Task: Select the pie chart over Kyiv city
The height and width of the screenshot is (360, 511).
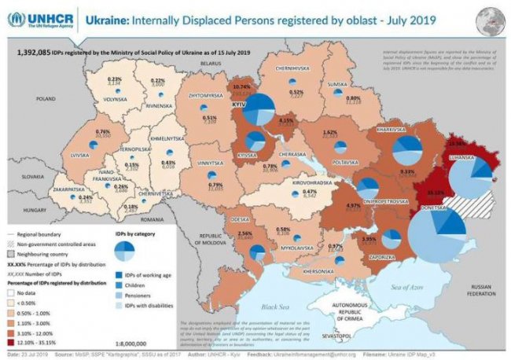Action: pyautogui.click(x=258, y=108)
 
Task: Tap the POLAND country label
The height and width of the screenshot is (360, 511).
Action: pyautogui.click(x=46, y=99)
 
